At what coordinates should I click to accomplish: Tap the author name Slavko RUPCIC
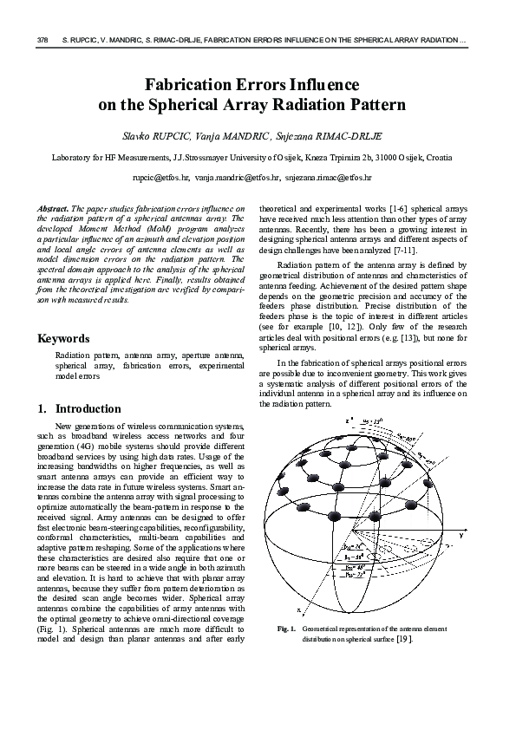(164, 137)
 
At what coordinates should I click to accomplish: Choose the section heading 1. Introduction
(79, 408)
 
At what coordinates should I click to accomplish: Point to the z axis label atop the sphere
(347, 420)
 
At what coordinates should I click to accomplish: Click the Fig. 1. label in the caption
(287, 629)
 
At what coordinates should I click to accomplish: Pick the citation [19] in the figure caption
(404, 639)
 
